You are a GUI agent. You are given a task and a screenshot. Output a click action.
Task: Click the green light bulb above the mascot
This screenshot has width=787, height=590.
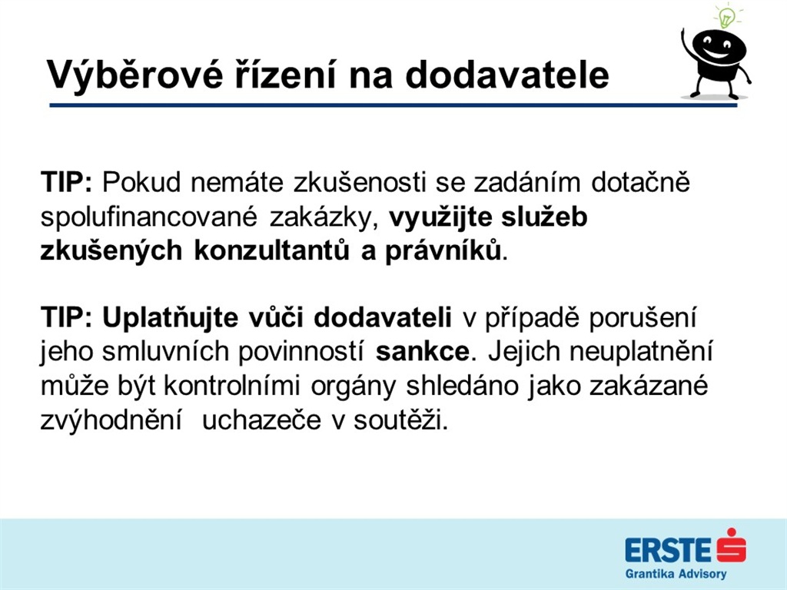point(725,16)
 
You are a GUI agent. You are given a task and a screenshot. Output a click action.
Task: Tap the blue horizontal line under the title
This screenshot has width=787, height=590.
point(393,105)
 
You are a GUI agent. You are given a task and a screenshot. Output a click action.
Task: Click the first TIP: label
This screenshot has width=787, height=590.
point(67,181)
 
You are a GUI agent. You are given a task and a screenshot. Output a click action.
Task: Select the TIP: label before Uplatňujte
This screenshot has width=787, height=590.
point(67,317)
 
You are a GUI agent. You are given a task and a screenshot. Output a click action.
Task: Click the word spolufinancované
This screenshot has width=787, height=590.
point(149,217)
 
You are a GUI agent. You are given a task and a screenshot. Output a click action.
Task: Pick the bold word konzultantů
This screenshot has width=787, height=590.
point(271,250)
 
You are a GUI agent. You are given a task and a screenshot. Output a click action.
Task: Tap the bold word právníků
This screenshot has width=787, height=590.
point(443,250)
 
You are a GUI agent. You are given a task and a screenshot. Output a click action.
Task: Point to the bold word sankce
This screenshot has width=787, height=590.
point(423,352)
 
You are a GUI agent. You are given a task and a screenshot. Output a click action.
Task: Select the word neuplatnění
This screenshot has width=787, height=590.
point(641,352)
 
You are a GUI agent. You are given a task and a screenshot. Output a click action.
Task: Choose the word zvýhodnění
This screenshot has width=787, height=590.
point(111,420)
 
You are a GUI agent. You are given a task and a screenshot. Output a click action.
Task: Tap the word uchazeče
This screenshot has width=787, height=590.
point(261,420)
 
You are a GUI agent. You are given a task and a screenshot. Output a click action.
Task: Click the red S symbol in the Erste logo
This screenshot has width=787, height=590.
point(732,546)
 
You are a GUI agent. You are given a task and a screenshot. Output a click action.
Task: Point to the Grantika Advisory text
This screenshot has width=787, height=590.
point(676,574)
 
